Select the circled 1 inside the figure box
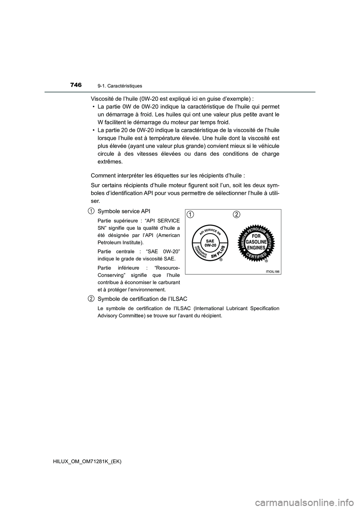point(191,214)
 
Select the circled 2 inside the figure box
point(236,214)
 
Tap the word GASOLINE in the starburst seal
point(256,242)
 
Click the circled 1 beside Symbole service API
point(91,211)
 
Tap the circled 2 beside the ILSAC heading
point(91,298)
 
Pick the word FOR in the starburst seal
point(256,237)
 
